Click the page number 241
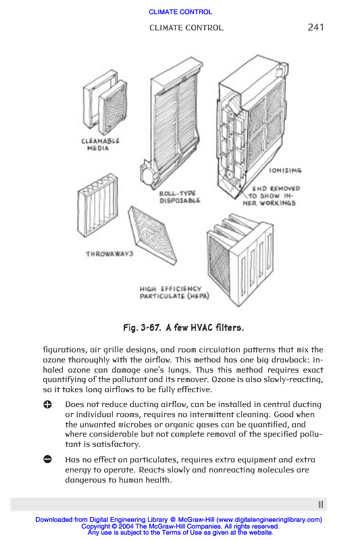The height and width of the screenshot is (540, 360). (x=315, y=27)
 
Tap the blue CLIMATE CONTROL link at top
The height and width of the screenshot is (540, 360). (x=180, y=11)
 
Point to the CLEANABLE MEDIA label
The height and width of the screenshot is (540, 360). (x=100, y=144)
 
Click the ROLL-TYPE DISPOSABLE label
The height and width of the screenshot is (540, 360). (x=180, y=196)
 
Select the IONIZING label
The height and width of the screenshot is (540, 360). (x=285, y=170)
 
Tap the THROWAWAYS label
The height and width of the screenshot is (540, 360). (x=109, y=254)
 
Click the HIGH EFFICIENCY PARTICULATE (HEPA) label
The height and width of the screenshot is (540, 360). (x=174, y=292)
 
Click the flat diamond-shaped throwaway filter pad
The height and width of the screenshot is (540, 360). (x=152, y=235)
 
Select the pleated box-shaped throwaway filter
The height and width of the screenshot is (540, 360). (x=97, y=205)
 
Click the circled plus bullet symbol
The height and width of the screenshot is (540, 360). (x=47, y=404)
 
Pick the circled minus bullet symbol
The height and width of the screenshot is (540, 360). (x=47, y=459)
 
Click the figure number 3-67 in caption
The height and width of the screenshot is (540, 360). (x=151, y=327)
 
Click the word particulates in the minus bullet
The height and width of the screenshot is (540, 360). (x=153, y=460)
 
